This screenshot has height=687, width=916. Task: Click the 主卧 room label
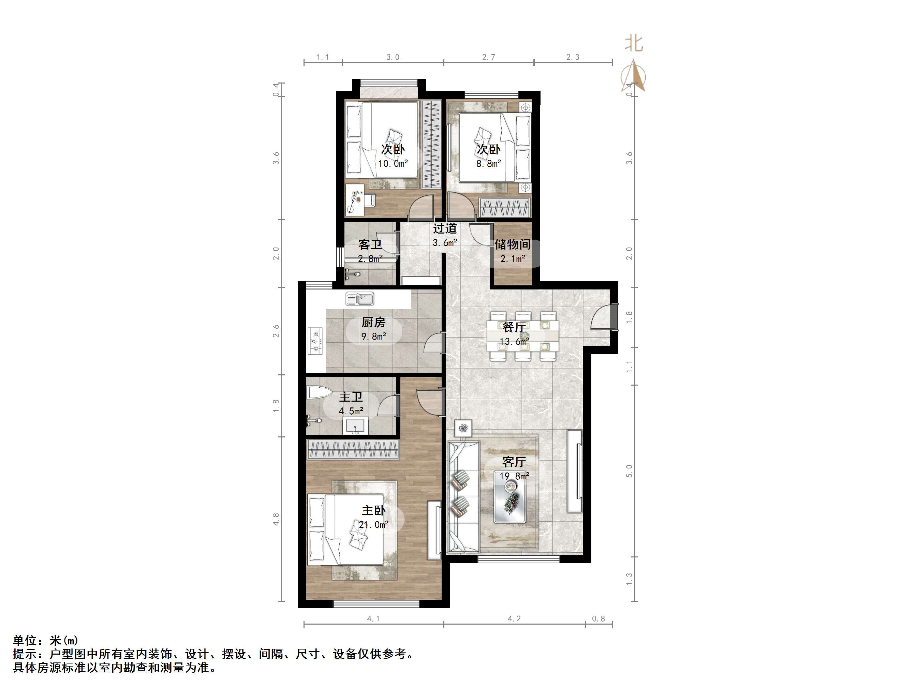[x=373, y=510]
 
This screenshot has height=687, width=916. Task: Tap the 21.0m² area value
[x=373, y=525]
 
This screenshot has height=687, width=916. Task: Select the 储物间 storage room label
[x=512, y=244]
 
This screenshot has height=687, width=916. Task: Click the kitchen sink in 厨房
[x=360, y=299]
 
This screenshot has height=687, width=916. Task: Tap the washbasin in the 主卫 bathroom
[x=355, y=426]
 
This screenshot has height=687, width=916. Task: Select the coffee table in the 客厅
[x=510, y=502]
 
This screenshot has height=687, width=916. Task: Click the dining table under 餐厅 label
[x=522, y=335]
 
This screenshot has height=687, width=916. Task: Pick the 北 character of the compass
[x=634, y=44]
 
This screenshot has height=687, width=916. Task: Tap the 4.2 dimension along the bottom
[x=514, y=619]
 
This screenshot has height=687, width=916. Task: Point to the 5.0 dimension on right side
[x=629, y=471]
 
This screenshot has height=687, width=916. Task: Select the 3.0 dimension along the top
[x=393, y=57]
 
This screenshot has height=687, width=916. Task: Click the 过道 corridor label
[x=445, y=228]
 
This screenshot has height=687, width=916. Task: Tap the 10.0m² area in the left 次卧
[x=393, y=164]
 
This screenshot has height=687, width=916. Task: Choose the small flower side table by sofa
[x=463, y=428]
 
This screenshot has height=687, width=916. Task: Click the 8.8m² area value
[x=488, y=164]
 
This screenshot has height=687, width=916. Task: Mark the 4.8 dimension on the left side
[x=276, y=519]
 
